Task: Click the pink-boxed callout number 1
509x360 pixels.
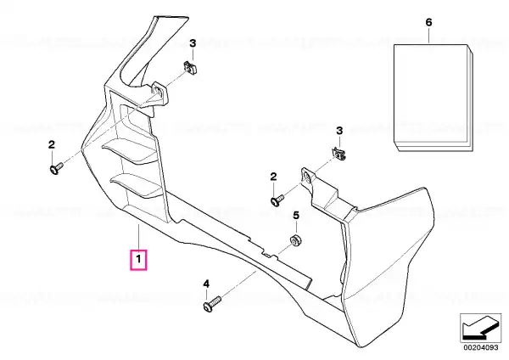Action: pyautogui.click(x=138, y=260)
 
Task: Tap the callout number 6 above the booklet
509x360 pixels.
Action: pyautogui.click(x=428, y=22)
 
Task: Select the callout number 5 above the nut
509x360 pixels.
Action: pyautogui.click(x=296, y=215)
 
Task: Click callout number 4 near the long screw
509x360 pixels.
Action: pyautogui.click(x=206, y=284)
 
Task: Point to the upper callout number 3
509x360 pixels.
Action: pyautogui.click(x=193, y=43)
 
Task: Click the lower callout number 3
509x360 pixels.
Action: pyautogui.click(x=339, y=131)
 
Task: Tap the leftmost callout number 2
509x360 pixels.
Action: pyautogui.click(x=52, y=145)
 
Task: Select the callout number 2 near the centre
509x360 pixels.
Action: pyautogui.click(x=274, y=177)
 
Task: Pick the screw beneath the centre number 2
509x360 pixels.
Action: pyautogui.click(x=277, y=200)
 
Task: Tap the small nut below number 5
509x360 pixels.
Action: pyautogui.click(x=295, y=241)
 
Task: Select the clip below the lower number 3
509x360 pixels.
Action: pyautogui.click(x=338, y=153)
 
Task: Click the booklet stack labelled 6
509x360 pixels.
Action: pyautogui.click(x=433, y=98)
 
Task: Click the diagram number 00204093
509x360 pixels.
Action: pyautogui.click(x=480, y=347)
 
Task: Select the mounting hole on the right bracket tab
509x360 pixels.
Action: pyautogui.click(x=306, y=176)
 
